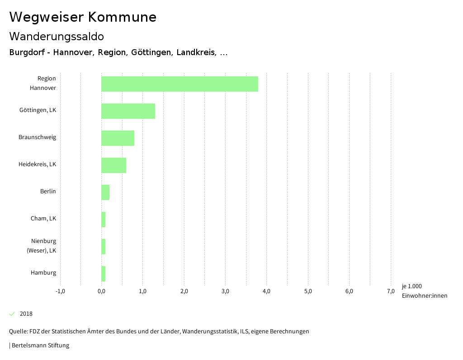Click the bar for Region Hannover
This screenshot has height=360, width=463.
pos(180,84)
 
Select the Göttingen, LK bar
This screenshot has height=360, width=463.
pos(128,111)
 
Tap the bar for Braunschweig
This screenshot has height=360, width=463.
pos(118,138)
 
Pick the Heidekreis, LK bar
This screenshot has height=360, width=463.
pos(113,165)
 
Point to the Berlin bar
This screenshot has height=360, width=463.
pos(105,192)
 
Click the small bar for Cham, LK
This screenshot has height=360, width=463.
pos(104,220)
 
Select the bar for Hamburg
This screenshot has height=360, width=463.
pos(104,274)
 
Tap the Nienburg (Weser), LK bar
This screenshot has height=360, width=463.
pos(104,247)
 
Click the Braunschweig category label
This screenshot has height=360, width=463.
pos(38,137)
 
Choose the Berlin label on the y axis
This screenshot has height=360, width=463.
pos(48,192)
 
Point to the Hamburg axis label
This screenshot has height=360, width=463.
pos(43,273)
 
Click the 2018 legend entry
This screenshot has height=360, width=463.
pos(26,314)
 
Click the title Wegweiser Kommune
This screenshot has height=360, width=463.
pos(83,17)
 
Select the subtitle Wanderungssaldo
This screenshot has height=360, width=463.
pos(57,37)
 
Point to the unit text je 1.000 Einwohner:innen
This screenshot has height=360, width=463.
pos(424,291)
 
